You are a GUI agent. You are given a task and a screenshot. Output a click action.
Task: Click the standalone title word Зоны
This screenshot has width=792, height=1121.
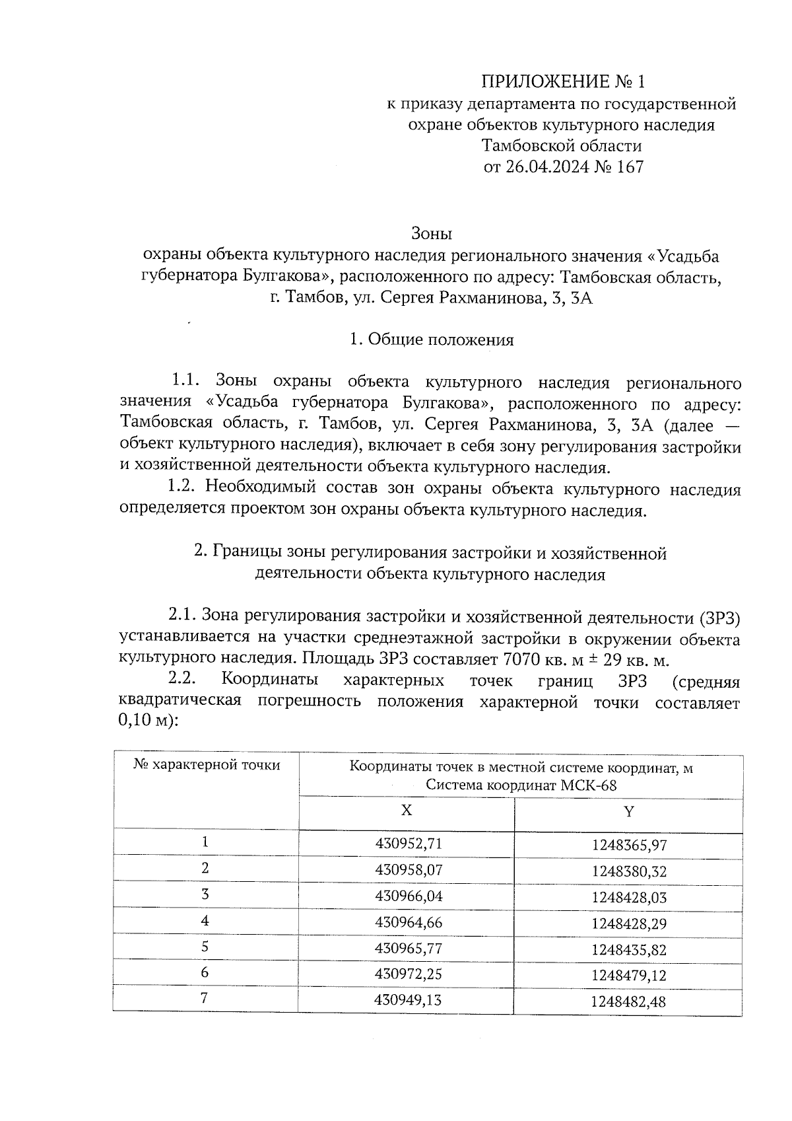pyautogui.click(x=431, y=233)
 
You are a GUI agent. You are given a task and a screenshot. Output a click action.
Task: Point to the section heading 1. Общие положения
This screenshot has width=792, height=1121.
pyautogui.click(x=431, y=340)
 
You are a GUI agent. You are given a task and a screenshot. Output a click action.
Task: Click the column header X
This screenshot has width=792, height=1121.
pyautogui.click(x=406, y=811)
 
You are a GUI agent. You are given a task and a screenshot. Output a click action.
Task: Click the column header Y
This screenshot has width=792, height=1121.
pyautogui.click(x=629, y=811)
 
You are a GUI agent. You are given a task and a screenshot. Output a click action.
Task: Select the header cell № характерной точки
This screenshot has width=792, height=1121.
pyautogui.click(x=207, y=765)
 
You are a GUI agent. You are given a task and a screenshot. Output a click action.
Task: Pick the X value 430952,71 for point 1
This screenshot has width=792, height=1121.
pyautogui.click(x=408, y=844)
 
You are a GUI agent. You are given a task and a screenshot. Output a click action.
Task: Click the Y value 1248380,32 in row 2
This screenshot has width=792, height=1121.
pyautogui.click(x=629, y=871)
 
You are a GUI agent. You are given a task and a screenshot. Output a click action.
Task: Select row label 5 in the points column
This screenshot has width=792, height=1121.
pyautogui.click(x=205, y=947)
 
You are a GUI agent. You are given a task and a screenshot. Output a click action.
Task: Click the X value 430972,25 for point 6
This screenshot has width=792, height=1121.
pyautogui.click(x=408, y=974)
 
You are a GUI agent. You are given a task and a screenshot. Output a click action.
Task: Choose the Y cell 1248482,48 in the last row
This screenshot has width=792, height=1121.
pyautogui.click(x=629, y=1002)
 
